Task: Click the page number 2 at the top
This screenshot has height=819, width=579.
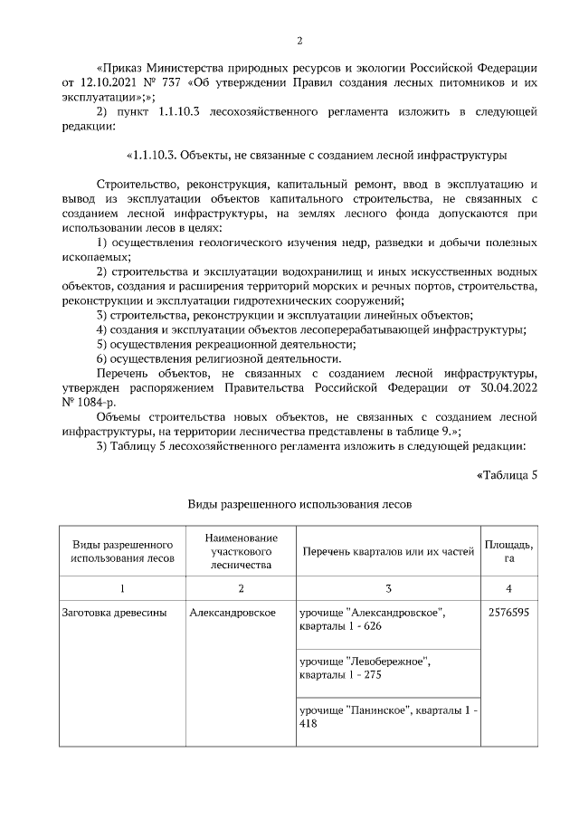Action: click(x=299, y=41)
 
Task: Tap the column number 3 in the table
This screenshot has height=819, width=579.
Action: click(x=388, y=589)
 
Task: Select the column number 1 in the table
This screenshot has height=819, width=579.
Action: click(x=122, y=589)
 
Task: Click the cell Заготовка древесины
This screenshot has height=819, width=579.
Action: click(x=114, y=613)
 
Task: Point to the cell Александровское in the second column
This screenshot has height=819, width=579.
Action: click(x=233, y=613)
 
